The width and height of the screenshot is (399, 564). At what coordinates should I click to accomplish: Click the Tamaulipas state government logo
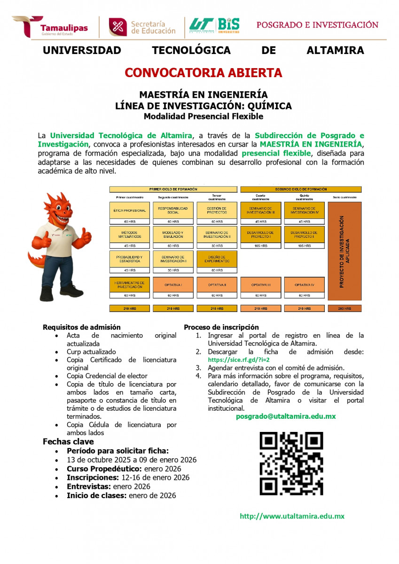(x=50, y=27)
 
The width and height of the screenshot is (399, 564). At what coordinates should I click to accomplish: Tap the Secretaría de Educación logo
(x=142, y=27)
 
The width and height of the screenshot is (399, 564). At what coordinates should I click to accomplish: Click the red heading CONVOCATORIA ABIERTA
(x=203, y=73)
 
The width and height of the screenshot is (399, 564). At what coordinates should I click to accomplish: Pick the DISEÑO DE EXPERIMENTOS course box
(x=217, y=258)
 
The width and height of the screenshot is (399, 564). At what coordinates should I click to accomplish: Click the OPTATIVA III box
(x=260, y=285)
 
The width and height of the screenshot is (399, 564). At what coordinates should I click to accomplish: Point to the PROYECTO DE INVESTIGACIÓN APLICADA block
(x=344, y=251)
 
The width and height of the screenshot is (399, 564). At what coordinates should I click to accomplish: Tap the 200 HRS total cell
(x=344, y=308)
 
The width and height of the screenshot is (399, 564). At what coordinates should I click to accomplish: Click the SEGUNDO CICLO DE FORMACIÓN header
(x=301, y=189)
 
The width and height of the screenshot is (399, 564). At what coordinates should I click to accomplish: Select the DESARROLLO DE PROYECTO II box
(x=304, y=235)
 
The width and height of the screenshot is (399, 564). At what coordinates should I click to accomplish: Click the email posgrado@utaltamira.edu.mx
(x=286, y=416)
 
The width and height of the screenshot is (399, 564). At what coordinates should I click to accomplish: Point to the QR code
(x=291, y=463)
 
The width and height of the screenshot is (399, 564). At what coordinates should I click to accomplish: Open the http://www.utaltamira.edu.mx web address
(x=292, y=516)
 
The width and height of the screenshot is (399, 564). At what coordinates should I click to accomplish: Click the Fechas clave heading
(x=68, y=441)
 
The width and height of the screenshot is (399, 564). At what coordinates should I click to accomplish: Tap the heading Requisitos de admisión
(x=81, y=327)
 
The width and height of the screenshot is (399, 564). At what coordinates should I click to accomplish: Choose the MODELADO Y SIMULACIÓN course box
(x=172, y=235)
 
